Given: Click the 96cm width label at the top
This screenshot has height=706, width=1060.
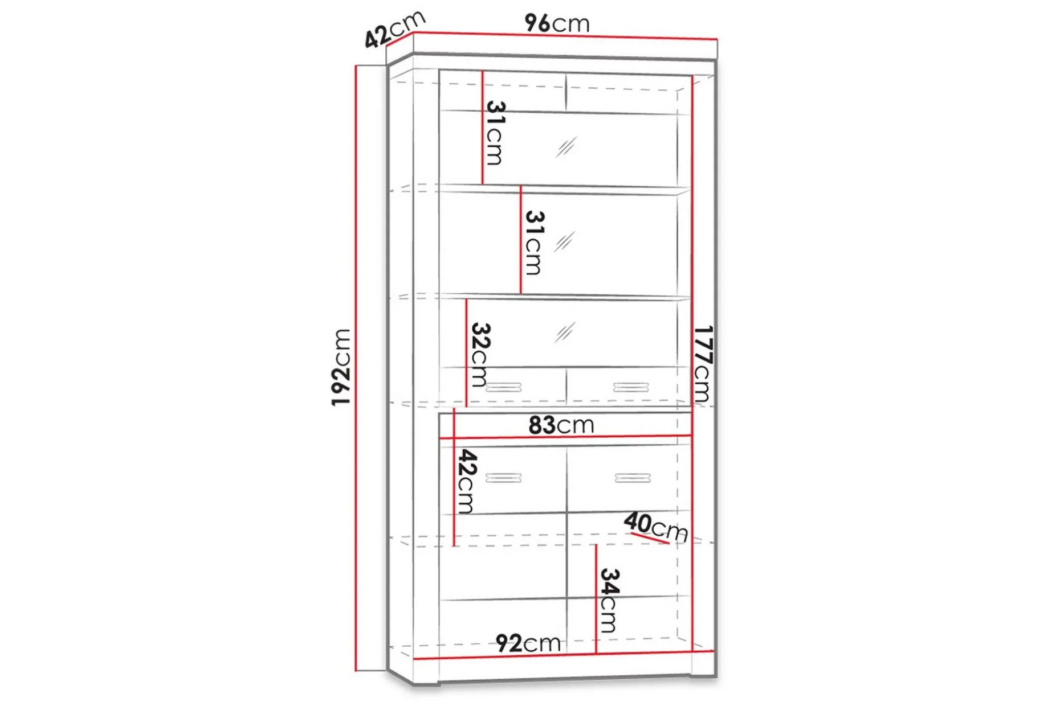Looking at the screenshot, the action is (557, 23).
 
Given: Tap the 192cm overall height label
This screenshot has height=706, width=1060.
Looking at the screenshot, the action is (341, 367).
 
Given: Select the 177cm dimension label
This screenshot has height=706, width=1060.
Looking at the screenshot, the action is (703, 364).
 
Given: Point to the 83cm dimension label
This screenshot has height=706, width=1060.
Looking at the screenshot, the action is (561, 425).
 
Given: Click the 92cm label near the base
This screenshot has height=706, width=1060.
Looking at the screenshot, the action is (528, 643).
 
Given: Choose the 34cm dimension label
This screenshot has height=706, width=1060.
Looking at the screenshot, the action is (609, 600).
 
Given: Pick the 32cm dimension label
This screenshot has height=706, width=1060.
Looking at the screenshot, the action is (480, 355).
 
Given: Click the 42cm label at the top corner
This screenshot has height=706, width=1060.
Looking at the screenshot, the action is (395, 29).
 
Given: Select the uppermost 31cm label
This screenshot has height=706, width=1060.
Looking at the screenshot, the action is (495, 133).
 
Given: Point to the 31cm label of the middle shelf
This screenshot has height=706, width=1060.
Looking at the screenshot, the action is (534, 243).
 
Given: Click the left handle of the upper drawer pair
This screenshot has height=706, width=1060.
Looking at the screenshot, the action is (504, 388).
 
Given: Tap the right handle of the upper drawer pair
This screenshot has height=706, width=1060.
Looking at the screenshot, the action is (631, 388).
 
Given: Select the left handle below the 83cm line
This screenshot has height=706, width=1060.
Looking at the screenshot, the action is (503, 478).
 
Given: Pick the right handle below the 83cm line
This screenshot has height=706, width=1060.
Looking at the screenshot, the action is (633, 478).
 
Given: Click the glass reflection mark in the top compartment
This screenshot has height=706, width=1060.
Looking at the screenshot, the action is (566, 147).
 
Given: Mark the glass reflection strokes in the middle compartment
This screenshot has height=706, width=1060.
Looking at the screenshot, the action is (564, 242).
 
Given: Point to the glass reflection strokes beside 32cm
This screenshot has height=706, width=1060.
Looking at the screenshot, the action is (564, 333).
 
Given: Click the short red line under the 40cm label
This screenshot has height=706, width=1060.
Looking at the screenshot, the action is (650, 539).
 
